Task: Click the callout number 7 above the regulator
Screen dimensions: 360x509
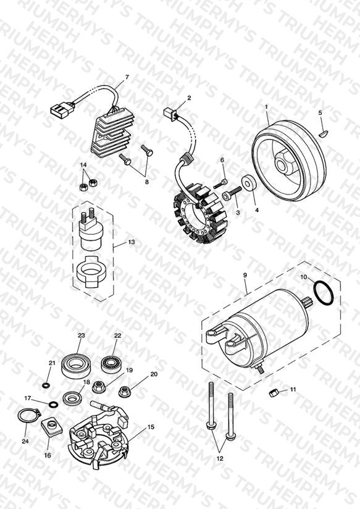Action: click(127, 77)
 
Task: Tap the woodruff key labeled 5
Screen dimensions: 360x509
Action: click(324, 132)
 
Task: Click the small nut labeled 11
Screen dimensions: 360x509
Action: click(273, 393)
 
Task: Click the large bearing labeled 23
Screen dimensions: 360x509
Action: click(77, 366)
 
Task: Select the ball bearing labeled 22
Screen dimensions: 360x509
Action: click(112, 364)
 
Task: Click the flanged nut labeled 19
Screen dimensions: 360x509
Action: click(99, 387)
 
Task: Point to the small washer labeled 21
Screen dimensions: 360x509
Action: click(45, 385)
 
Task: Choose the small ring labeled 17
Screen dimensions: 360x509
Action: click(53, 405)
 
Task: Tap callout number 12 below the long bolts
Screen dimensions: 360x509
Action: click(220, 459)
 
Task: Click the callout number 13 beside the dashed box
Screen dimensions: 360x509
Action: click(132, 242)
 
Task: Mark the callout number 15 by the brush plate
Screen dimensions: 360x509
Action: click(151, 427)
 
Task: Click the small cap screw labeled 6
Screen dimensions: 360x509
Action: click(220, 183)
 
